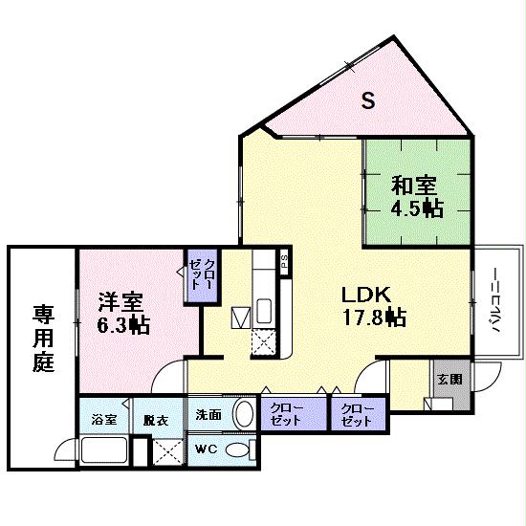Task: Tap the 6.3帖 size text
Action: (x=123, y=325)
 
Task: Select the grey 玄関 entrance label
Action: (x=449, y=379)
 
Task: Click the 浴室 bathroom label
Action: (x=104, y=419)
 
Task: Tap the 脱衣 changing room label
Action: (x=156, y=419)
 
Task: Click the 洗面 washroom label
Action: (x=208, y=415)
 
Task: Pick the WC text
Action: (x=208, y=449)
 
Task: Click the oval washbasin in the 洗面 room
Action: (x=244, y=415)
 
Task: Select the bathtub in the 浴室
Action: (x=103, y=450)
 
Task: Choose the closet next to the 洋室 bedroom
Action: (x=202, y=274)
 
